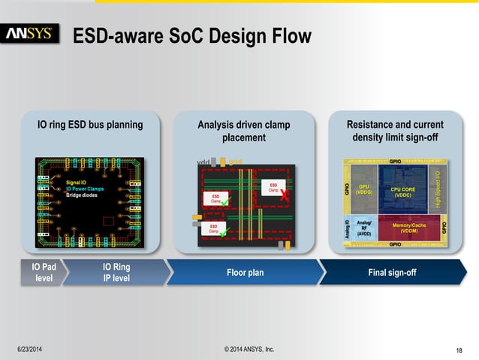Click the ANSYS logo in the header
click(x=30, y=35)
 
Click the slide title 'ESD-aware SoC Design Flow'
click(x=191, y=35)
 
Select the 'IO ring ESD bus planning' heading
click(x=90, y=125)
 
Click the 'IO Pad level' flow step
click(x=38, y=272)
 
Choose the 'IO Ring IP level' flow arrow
click(x=116, y=272)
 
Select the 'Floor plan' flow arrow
click(x=245, y=272)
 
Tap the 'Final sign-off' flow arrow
click(x=392, y=272)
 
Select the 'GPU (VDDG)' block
click(x=365, y=190)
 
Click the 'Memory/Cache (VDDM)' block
click(x=409, y=228)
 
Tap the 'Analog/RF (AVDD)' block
click(x=364, y=228)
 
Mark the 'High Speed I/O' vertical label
click(x=438, y=189)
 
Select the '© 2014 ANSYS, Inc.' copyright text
click(x=249, y=349)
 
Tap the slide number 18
click(x=459, y=350)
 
